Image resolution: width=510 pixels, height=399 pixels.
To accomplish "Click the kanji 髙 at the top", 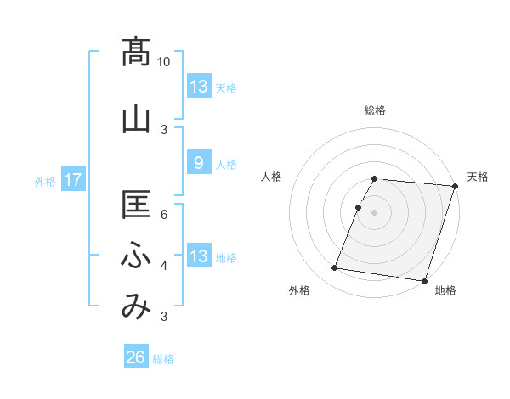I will coord(136,53).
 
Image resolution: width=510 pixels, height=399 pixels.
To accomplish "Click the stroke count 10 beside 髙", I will coord(164,62).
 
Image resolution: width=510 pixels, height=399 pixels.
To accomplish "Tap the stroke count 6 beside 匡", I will coord(164,214).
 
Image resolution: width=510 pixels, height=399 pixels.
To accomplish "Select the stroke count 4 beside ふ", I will coord(164,266).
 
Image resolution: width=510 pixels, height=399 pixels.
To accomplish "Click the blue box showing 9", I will coord(198,164).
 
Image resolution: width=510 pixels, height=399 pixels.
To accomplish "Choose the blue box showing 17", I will coord(72,180).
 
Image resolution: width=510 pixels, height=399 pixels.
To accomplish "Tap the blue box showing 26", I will coord(135,358).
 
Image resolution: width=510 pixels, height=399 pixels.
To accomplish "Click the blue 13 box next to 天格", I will coord(198,87).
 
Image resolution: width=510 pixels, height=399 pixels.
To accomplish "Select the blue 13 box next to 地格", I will coord(198,256).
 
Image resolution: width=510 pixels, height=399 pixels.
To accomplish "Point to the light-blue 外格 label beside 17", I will coord(45,181).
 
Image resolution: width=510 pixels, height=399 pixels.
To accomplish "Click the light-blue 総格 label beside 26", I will coord(163,359).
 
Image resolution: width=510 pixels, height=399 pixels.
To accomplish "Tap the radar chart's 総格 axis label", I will coord(375,110).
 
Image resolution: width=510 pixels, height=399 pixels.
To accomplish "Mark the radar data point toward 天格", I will coord(454,186).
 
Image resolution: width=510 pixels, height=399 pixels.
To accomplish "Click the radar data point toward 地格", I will coord(424,280).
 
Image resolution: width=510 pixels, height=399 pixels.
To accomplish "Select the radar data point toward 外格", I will coord(335,268).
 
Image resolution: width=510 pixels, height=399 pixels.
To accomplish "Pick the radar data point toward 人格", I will coord(359,207).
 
